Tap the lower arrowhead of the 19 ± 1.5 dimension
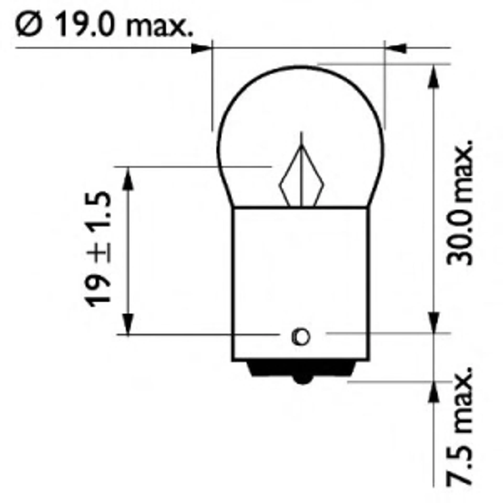coord(128,323)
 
